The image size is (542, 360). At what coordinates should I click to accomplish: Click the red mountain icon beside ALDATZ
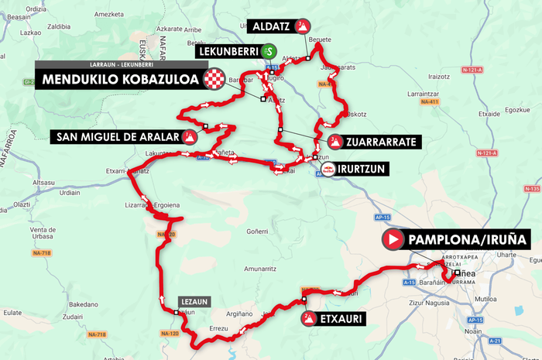[x=303, y=26]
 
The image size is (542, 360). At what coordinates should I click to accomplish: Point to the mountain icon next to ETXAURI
[x=309, y=318]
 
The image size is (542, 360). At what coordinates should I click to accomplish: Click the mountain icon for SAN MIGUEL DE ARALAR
[x=189, y=137]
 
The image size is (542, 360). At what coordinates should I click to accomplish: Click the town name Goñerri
[x=257, y=231]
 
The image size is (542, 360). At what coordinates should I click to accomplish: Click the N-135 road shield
[x=532, y=189]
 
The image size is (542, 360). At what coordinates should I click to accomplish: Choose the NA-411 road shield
[x=430, y=102]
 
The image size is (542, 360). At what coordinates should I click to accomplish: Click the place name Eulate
[x=12, y=312]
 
